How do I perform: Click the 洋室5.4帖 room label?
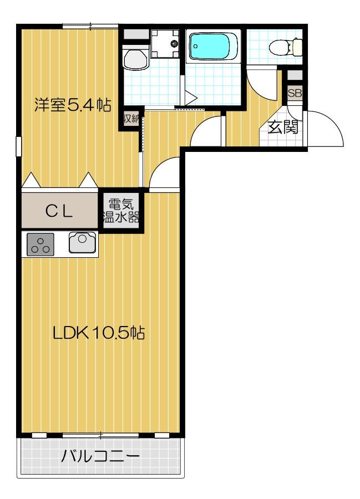(73, 105)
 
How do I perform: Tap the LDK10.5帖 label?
(99, 333)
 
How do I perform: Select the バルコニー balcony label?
(100, 457)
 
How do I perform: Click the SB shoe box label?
(295, 93)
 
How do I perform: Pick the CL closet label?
(59, 211)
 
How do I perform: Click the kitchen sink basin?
(82, 242)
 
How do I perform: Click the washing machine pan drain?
(175, 43)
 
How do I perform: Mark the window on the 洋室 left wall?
(19, 150)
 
